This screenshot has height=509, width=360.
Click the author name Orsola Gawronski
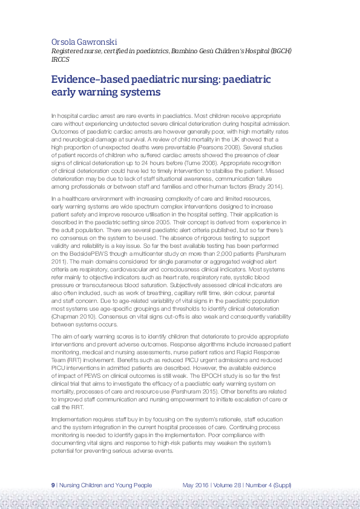click(x=84, y=42)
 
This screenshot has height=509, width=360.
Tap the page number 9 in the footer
click(x=53, y=485)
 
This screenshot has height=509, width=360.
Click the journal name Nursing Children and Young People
click(x=106, y=485)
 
